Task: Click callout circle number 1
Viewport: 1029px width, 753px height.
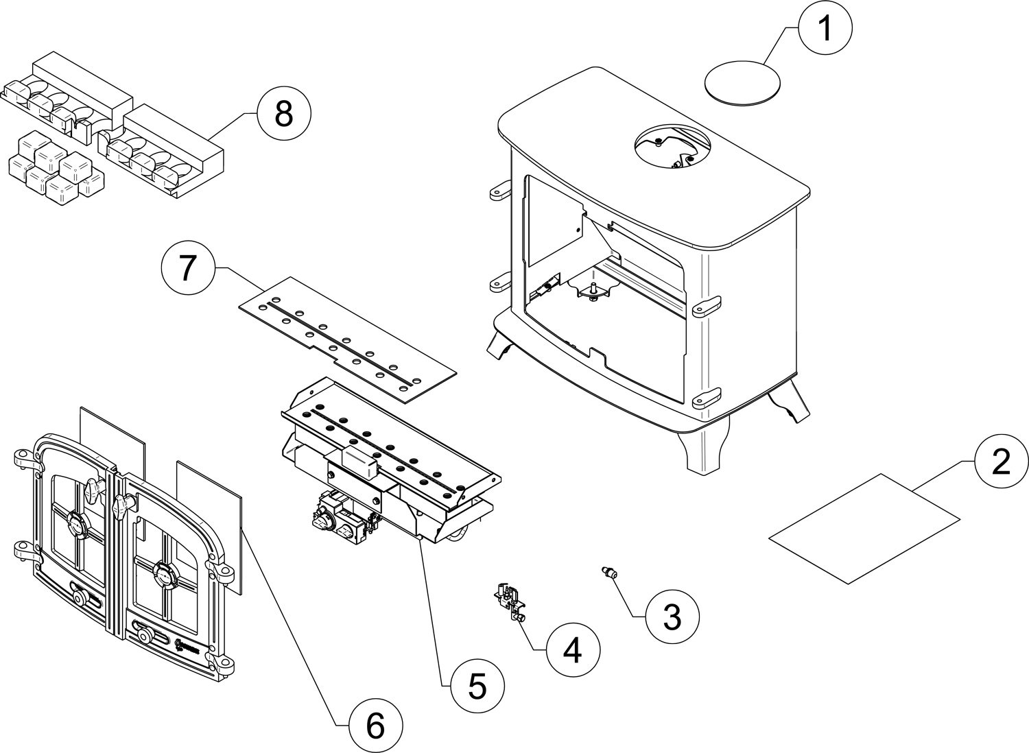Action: click(x=825, y=29)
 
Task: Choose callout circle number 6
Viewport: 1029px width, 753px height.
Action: click(x=375, y=726)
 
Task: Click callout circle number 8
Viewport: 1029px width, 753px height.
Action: click(x=283, y=115)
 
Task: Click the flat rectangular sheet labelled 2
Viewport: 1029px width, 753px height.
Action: click(x=864, y=528)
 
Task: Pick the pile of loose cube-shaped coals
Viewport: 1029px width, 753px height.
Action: click(x=55, y=168)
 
